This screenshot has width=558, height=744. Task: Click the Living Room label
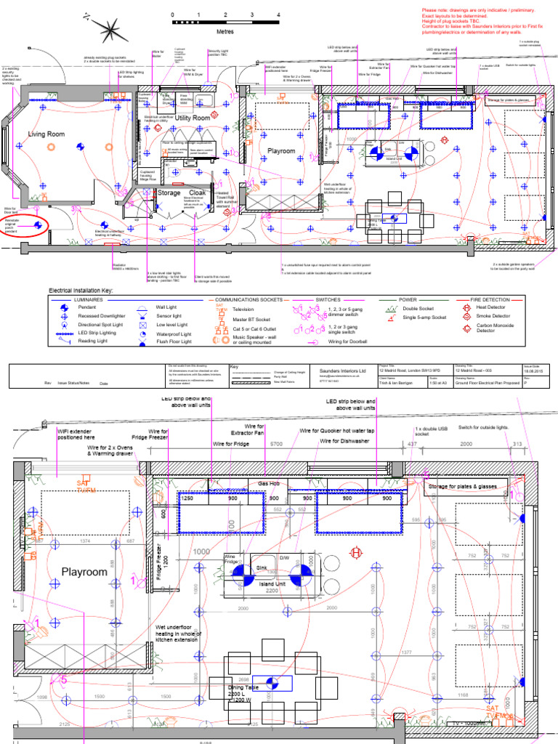click(46, 134)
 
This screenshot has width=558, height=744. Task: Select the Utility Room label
click(193, 118)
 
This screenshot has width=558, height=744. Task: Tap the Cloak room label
click(198, 193)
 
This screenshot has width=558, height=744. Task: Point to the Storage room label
click(169, 193)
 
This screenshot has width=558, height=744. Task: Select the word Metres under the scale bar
click(225, 32)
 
